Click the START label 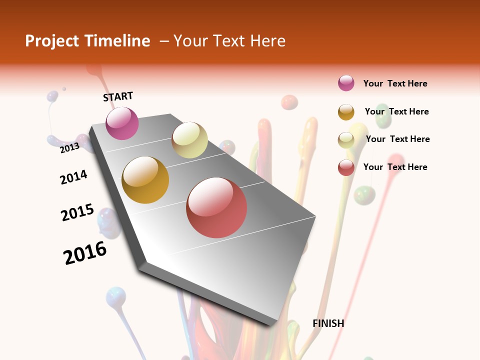coord(118,96)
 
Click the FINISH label coord(328,323)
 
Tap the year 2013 coord(69,147)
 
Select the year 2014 coord(73,177)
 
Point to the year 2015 coord(77,212)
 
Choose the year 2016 coord(85,253)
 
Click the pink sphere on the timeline coord(122,123)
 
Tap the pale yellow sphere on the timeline coord(189,140)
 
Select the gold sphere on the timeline coord(145,180)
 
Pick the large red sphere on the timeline coord(216,207)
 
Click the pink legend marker coord(346,83)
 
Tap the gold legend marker coord(346,112)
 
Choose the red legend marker coord(346,167)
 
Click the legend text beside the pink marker coord(395,83)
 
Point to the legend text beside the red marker coord(395,167)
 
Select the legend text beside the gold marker coord(396,111)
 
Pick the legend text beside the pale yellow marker coord(397,139)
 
